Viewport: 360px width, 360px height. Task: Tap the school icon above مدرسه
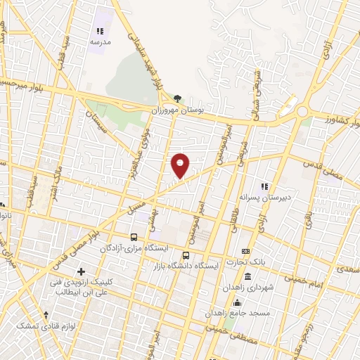[100, 31]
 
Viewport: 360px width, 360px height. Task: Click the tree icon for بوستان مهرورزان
[176, 98]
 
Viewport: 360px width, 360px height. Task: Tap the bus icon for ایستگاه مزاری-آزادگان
[134, 237]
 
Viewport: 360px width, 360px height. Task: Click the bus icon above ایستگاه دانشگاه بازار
[186, 255]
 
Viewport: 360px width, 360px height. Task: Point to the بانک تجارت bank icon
[245, 251]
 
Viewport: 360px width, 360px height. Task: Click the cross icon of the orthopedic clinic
[81, 271]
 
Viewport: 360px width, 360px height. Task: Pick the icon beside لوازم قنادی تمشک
[46, 315]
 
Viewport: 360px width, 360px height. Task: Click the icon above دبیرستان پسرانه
[264, 186]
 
